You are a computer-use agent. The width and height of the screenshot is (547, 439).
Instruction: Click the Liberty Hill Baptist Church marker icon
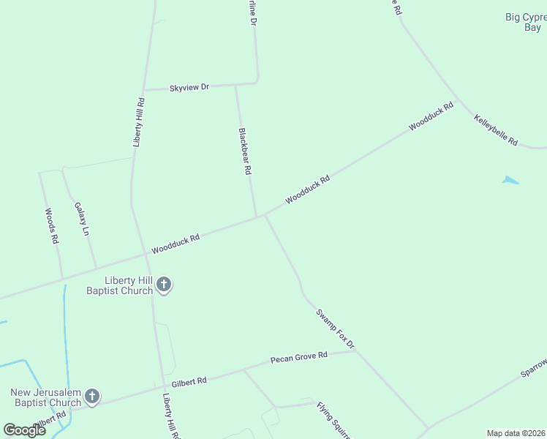tap(165, 285)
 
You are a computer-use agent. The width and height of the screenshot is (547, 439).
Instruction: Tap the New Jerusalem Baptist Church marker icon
tap(92, 397)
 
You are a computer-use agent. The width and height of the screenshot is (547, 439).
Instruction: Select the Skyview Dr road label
tap(189, 87)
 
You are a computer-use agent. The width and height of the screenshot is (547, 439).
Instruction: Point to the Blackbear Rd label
tap(245, 151)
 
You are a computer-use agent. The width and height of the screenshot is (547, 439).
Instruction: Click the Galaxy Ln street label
tap(81, 219)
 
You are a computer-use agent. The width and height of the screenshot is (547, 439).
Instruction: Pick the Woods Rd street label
tap(51, 225)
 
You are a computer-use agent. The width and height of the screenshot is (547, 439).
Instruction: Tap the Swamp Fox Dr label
tap(335, 329)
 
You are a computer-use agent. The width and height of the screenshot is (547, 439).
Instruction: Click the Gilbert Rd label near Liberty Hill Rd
tap(189, 381)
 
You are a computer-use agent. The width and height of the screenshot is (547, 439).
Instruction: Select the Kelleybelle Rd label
tap(496, 130)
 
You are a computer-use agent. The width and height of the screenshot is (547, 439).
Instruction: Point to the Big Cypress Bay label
tap(524, 22)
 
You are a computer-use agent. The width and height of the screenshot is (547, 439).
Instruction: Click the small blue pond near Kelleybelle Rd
tap(510, 179)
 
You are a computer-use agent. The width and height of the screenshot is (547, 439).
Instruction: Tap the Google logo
tap(25, 430)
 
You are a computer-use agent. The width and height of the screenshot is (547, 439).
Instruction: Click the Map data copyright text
tap(516, 432)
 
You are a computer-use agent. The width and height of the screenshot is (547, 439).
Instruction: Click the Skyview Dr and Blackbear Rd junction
tap(235, 86)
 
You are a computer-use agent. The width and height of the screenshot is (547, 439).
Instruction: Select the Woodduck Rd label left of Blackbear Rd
tap(176, 244)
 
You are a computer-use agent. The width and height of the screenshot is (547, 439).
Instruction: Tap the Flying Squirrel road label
tap(333, 419)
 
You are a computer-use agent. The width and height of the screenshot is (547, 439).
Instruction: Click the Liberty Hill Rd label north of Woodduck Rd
tap(138, 122)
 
